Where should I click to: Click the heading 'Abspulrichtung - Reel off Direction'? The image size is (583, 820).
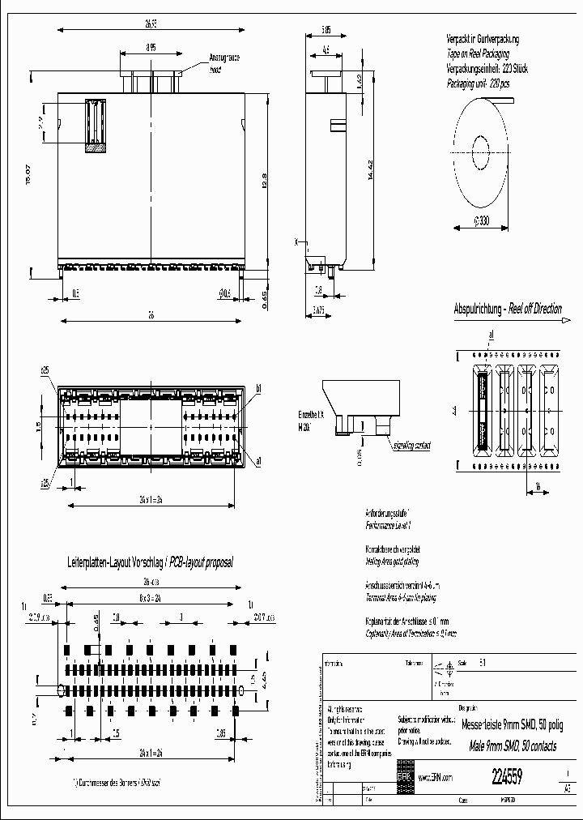coord(508,310)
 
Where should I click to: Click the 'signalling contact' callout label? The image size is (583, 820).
coord(412,445)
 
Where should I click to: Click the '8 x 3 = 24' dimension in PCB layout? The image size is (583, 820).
coord(148,596)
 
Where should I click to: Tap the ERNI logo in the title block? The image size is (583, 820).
coord(404,775)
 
